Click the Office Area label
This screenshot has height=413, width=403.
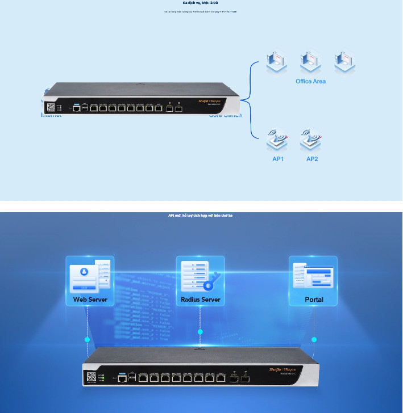[310, 82]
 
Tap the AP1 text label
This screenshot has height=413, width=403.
[278, 159]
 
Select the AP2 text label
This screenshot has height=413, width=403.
[312, 159]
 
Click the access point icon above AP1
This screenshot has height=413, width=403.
[278, 139]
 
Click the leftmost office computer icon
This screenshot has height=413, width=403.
[277, 61]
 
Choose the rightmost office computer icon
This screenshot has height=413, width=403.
[344, 61]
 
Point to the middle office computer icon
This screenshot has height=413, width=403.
[310, 61]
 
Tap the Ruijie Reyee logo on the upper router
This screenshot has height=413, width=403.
[212, 100]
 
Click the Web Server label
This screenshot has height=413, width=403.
[90, 300]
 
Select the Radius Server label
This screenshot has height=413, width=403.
[200, 300]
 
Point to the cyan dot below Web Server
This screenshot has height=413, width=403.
[88, 339]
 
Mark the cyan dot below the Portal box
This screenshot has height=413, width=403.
[314, 339]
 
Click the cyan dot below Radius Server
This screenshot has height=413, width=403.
[200, 332]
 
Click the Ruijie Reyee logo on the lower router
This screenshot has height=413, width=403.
[282, 369]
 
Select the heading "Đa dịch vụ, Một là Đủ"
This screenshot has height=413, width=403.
[201, 3]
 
